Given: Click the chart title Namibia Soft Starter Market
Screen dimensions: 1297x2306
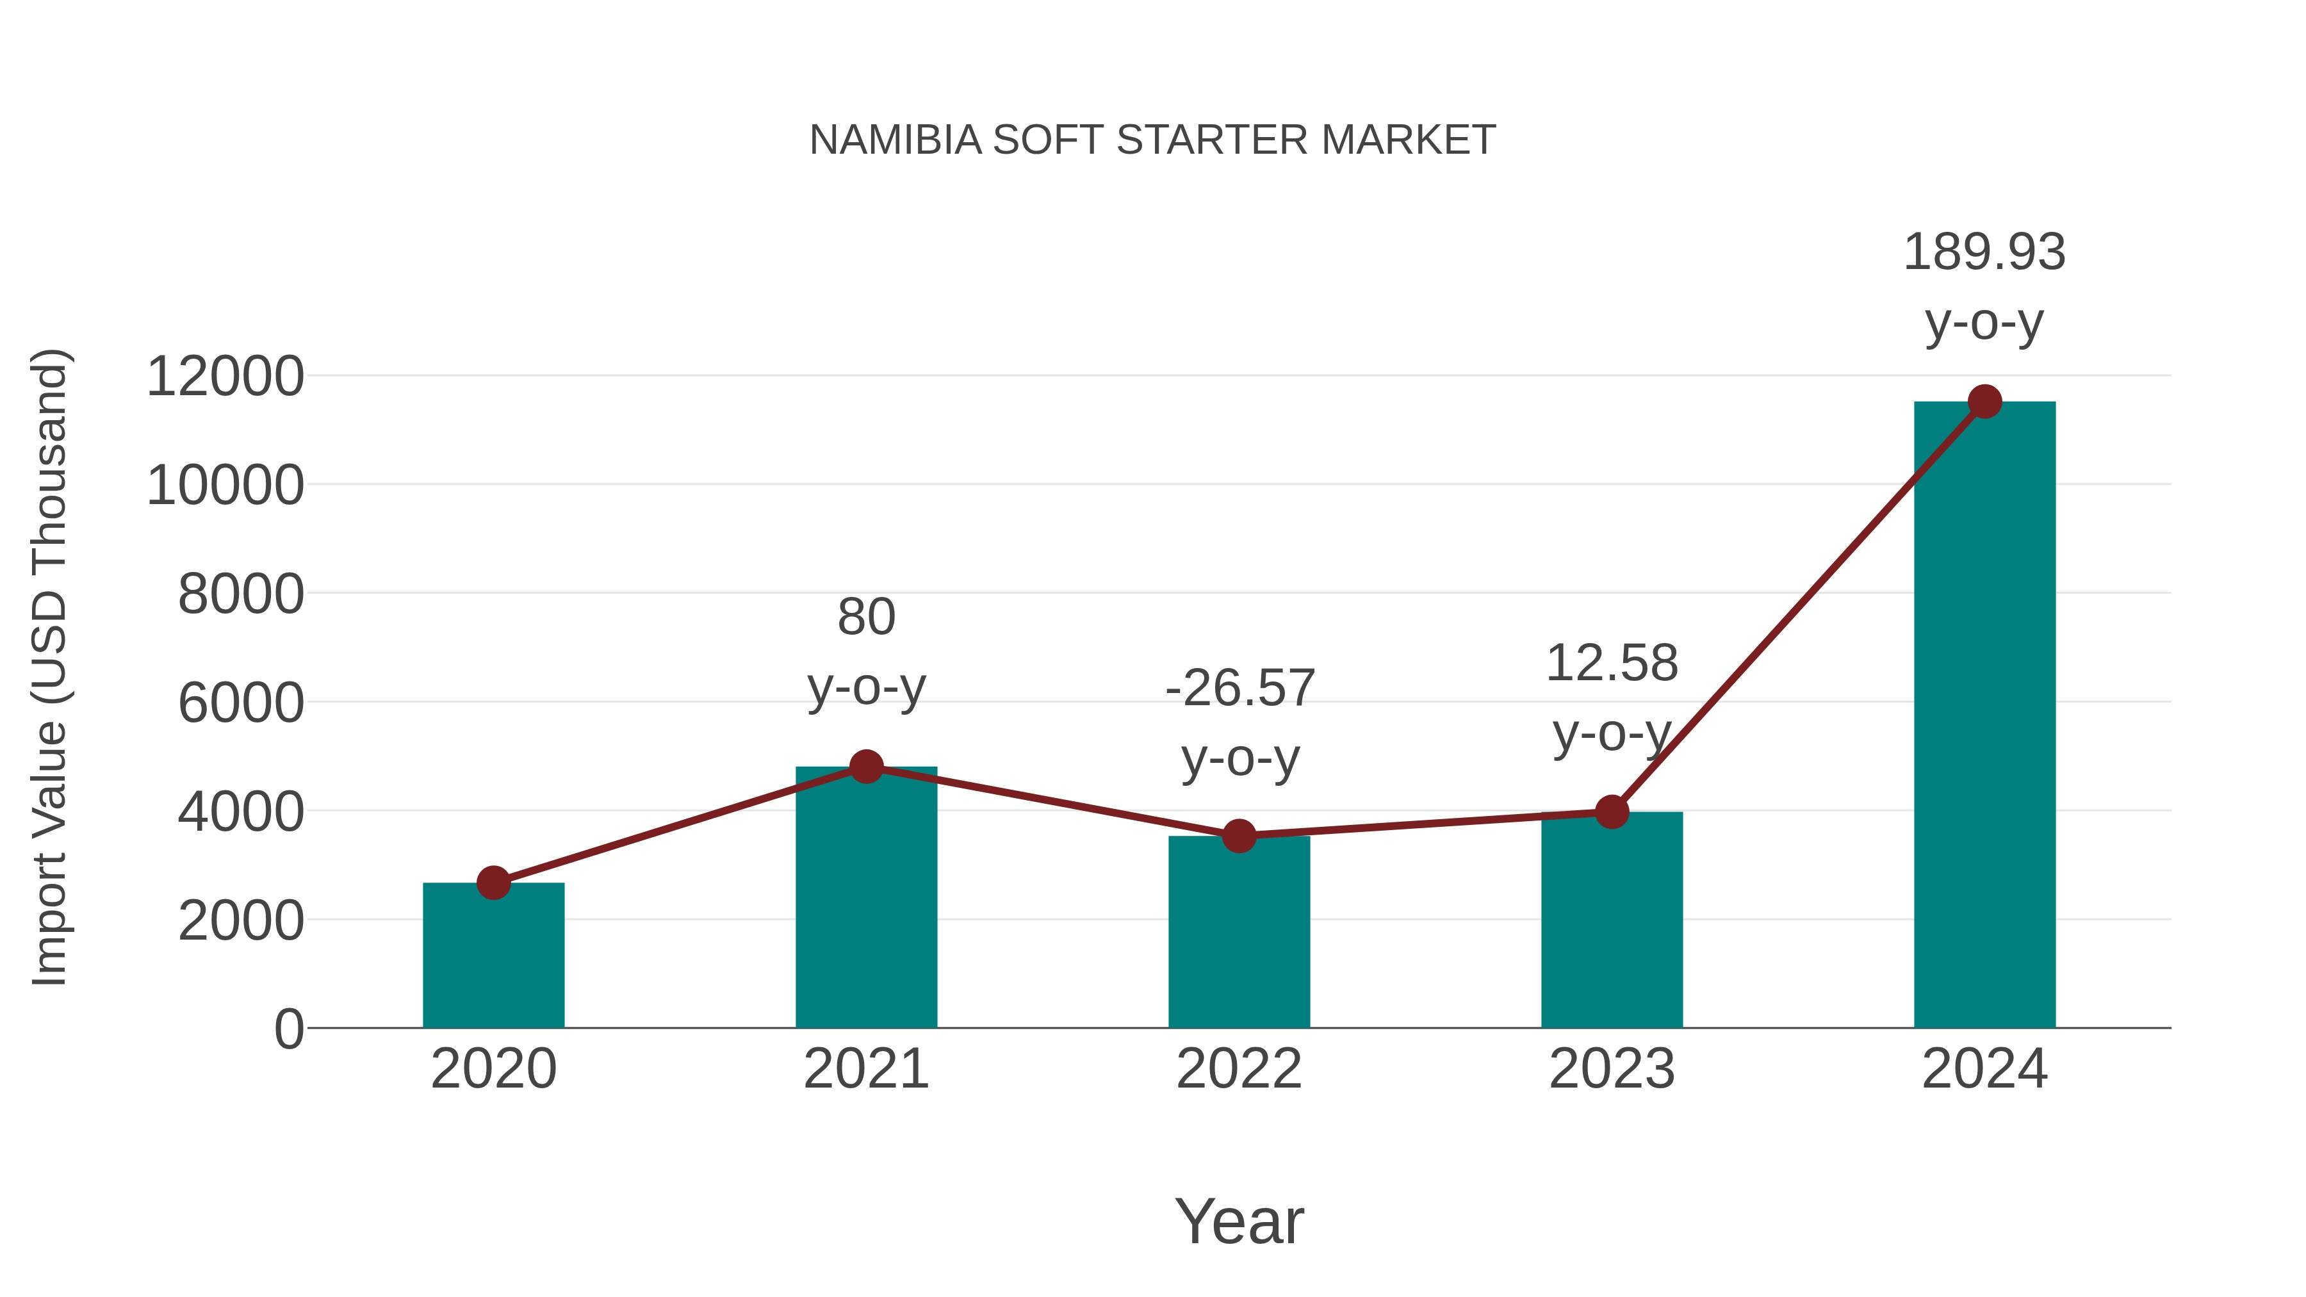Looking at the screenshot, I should pyautogui.click(x=1152, y=140).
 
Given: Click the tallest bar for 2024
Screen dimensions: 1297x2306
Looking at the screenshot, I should pyautogui.click(x=1984, y=716).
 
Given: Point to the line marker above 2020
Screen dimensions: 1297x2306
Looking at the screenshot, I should pyautogui.click(x=493, y=883).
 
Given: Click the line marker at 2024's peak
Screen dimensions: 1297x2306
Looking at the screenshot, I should pyautogui.click(x=1984, y=402).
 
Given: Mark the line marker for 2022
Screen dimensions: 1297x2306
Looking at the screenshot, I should pyautogui.click(x=1239, y=836).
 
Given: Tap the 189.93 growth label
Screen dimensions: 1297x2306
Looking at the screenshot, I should pyautogui.click(x=1984, y=252).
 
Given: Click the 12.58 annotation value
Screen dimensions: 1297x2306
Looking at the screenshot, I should pyautogui.click(x=1612, y=664).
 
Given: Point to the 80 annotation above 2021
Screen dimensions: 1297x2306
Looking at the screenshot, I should pyautogui.click(x=865, y=617).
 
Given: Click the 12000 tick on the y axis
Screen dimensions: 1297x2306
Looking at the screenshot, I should pyautogui.click(x=225, y=376).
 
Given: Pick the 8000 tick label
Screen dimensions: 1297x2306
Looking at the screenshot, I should pyautogui.click(x=241, y=594).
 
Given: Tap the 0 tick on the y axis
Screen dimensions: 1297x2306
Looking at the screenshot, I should pyautogui.click(x=288, y=1029).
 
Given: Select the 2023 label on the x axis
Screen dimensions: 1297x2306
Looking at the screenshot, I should pyautogui.click(x=1612, y=1069).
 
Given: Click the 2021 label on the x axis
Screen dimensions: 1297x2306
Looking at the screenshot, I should pyautogui.click(x=865, y=1069).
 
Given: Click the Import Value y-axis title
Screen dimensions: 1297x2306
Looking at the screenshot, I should pyautogui.click(x=49, y=667).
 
